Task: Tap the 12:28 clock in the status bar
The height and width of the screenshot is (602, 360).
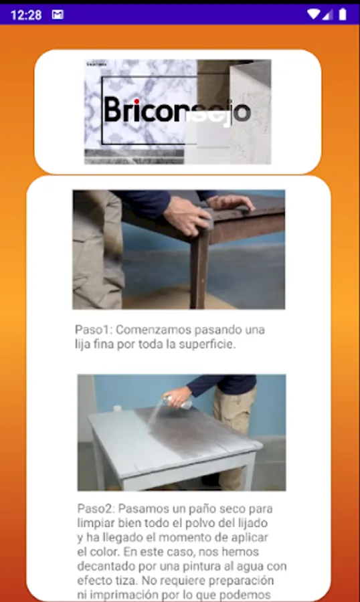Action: click(x=26, y=15)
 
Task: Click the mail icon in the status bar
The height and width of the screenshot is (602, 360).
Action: click(x=58, y=15)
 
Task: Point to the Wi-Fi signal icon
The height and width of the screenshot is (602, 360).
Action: click(x=313, y=15)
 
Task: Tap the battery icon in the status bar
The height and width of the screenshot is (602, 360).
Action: click(x=343, y=15)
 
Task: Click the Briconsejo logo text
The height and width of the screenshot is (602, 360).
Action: click(x=177, y=110)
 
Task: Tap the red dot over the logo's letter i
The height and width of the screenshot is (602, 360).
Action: click(x=137, y=102)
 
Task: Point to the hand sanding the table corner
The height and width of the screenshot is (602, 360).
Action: click(x=187, y=216)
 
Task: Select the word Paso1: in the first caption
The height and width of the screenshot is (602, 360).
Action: click(x=94, y=330)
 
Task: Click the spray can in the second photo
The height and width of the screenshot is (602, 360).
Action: click(x=177, y=401)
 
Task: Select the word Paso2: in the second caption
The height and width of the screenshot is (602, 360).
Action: click(x=96, y=509)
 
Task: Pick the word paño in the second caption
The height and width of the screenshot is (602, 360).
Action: click(x=187, y=510)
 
